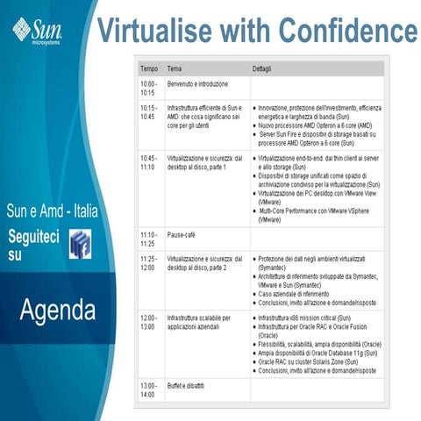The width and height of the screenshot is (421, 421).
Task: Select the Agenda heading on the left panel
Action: click(58, 309)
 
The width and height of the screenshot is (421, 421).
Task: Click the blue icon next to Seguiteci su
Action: click(80, 245)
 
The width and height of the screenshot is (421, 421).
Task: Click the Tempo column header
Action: click(150, 68)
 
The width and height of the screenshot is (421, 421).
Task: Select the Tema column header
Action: click(175, 68)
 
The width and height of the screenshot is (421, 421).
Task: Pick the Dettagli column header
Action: click(263, 68)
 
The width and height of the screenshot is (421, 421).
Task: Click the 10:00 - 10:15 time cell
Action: click(149, 88)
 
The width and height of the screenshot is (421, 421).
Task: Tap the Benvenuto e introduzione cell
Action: click(197, 84)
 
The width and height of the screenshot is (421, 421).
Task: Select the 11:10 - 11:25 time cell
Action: click(149, 239)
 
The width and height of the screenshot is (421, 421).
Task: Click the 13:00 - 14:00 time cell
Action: click(149, 389)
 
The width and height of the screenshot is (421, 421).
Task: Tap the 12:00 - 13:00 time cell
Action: click(149, 321)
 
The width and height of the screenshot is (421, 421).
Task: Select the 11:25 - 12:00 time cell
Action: click(149, 263)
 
